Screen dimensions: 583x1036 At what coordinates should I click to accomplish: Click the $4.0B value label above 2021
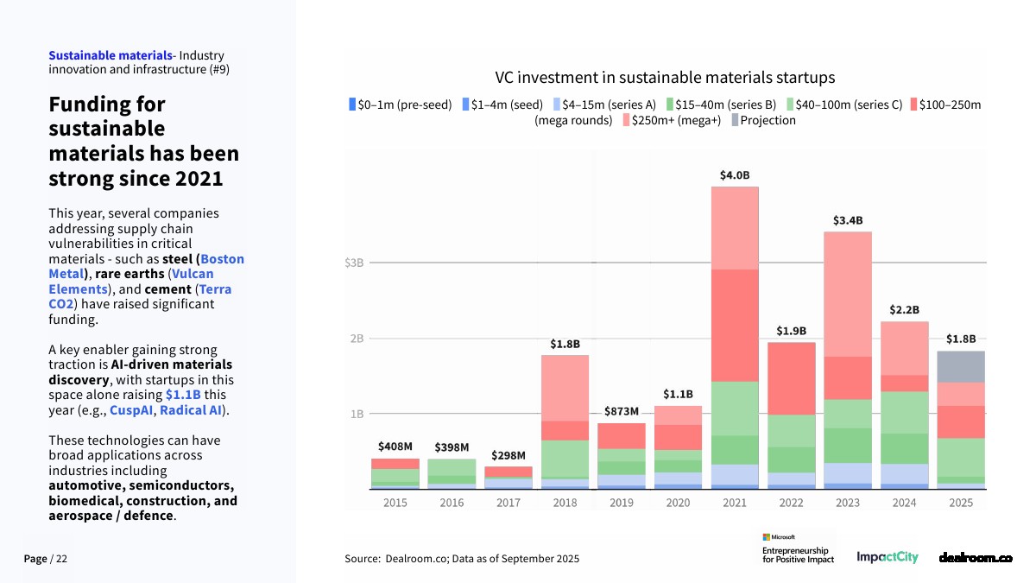pyautogui.click(x=735, y=175)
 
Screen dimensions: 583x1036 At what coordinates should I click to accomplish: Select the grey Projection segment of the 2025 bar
pyautogui.click(x=961, y=366)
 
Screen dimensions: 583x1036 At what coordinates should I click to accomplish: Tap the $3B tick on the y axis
pyautogui.click(x=354, y=263)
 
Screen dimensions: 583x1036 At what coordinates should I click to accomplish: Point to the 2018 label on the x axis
pyautogui.click(x=565, y=503)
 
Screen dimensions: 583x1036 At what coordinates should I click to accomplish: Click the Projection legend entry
pyautogui.click(x=763, y=121)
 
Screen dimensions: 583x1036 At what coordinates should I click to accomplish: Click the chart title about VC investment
pyautogui.click(x=665, y=78)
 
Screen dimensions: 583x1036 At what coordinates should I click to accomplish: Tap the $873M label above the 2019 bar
pyautogui.click(x=621, y=411)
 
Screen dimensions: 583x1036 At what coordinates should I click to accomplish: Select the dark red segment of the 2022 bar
pyautogui.click(x=792, y=378)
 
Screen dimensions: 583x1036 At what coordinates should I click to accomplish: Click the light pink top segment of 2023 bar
pyautogui.click(x=848, y=294)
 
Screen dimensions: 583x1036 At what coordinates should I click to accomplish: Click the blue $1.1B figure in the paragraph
pyautogui.click(x=183, y=395)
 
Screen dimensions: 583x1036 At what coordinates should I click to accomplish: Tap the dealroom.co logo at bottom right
pyautogui.click(x=975, y=558)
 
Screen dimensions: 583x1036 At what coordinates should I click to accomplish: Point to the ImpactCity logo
pyautogui.click(x=887, y=558)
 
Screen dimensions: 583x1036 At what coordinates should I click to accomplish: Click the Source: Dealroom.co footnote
pyautogui.click(x=462, y=559)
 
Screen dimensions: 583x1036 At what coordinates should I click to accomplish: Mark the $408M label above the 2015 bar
pyautogui.click(x=395, y=447)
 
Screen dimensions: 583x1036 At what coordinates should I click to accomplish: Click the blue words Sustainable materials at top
pyautogui.click(x=110, y=56)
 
